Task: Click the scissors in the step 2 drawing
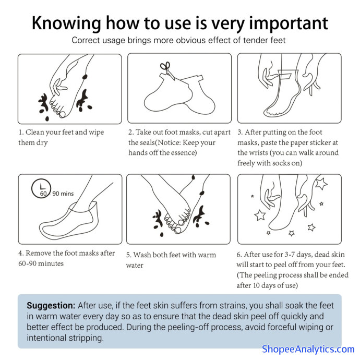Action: coord(167,70)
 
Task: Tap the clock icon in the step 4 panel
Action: coord(41,188)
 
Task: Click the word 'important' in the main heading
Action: coord(289,23)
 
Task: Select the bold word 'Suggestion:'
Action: coord(51,306)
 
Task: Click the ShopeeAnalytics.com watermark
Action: coord(308,349)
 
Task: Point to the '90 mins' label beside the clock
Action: coord(63,194)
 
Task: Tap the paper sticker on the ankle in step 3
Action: coord(285,75)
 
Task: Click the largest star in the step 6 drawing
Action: coord(321,183)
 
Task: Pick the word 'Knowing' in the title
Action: coord(66,24)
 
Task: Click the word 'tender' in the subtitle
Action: coord(256,40)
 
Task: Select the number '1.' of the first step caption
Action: coord(21,132)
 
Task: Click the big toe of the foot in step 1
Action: coord(62,114)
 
